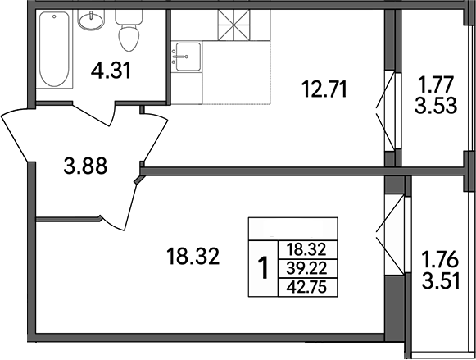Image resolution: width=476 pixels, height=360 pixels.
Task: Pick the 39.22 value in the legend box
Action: coord(307,268)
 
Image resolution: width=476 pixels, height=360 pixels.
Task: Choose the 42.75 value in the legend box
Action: coord(307,286)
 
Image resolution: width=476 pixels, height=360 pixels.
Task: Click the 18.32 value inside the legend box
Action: coord(307,250)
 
